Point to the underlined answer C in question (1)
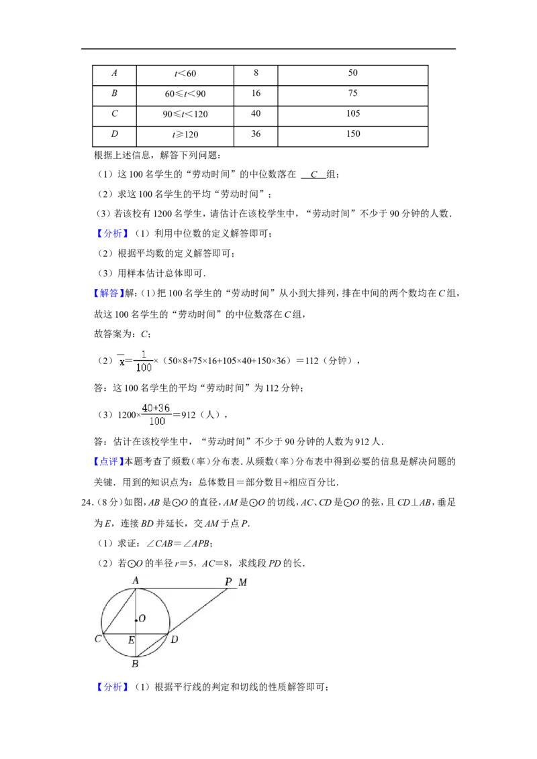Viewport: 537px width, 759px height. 314,175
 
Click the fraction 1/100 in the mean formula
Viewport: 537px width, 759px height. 144,361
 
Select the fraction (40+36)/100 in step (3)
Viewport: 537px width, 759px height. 156,415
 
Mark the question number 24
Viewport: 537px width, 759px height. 87,503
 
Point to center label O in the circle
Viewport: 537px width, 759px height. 142,618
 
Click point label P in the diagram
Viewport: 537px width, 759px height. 228,582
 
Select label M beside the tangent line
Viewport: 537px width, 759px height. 243,582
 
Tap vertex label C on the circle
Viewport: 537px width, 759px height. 97,639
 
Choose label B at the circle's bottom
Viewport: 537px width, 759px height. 135,664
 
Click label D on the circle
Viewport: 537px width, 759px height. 175,640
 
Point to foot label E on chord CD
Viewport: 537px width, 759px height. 132,640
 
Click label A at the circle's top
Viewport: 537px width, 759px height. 136,581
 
